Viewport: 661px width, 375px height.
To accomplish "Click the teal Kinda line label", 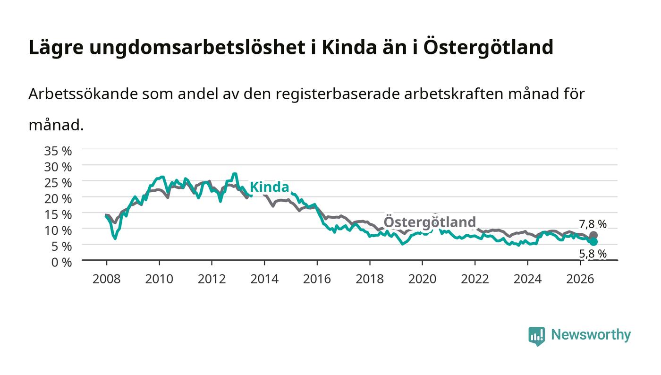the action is [270, 187].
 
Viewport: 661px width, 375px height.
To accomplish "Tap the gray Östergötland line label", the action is [430, 222].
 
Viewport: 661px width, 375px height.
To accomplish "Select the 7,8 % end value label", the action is [593, 224].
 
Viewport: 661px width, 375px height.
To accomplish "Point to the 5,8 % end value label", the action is [593, 254].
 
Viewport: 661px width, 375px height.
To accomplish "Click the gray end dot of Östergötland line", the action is [593, 235].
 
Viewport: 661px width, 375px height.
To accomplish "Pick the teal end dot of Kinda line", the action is [593, 242].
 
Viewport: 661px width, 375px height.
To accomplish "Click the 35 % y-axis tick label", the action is [58, 151].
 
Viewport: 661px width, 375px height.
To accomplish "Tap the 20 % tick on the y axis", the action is [58, 199].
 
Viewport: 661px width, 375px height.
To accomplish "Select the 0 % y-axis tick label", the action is [61, 262].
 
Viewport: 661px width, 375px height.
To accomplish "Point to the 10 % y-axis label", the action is [58, 230].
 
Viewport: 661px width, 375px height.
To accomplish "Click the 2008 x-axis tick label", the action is [107, 279].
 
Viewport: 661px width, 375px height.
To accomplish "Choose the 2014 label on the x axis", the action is [264, 279].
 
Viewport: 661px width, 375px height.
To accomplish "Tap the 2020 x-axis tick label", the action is [422, 279].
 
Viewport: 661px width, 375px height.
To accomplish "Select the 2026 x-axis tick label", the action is [580, 279].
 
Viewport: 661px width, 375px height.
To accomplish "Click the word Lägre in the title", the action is [56, 47].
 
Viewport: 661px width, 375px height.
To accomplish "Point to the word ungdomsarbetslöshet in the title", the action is [197, 47].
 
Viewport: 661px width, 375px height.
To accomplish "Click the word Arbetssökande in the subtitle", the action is [83, 94].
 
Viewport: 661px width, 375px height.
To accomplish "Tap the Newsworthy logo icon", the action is [537, 336].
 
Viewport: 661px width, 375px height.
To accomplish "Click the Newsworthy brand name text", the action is [591, 334].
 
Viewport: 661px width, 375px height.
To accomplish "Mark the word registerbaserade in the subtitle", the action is [337, 94].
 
